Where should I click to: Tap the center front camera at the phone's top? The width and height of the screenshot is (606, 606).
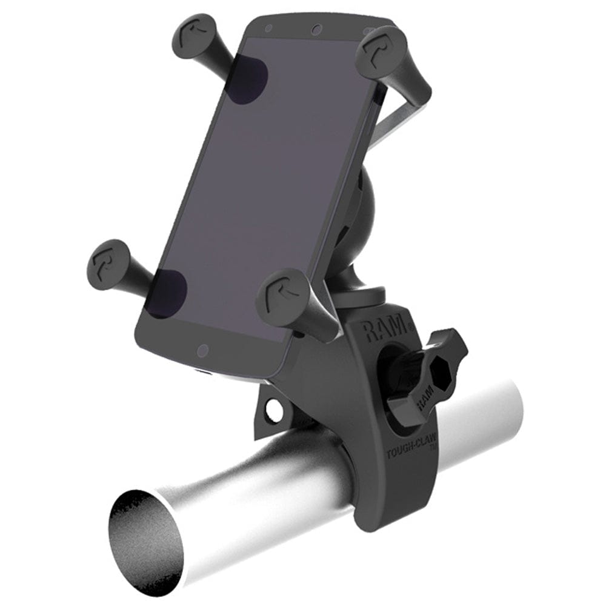(315, 29)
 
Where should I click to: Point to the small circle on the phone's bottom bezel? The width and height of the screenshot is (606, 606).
(203, 350)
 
